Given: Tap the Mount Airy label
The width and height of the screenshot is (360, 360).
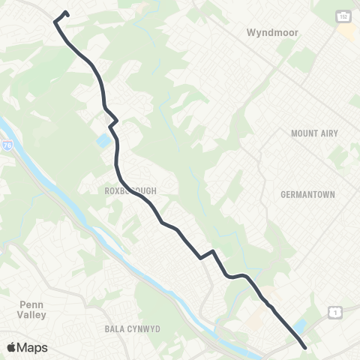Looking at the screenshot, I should (314, 133).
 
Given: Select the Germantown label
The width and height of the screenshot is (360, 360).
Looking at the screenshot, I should (307, 194).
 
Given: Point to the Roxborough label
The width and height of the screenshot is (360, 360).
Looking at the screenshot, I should (130, 191).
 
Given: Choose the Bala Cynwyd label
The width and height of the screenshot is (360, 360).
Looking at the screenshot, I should (131, 329).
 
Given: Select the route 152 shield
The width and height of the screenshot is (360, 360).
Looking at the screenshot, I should (342, 16).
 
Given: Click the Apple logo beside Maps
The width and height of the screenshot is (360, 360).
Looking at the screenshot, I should (12, 347).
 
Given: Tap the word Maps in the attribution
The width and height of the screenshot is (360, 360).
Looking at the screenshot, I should (33, 347).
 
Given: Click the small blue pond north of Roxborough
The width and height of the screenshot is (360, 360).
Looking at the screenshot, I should (101, 141).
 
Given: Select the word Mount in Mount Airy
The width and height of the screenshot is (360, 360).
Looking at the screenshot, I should (303, 133).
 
